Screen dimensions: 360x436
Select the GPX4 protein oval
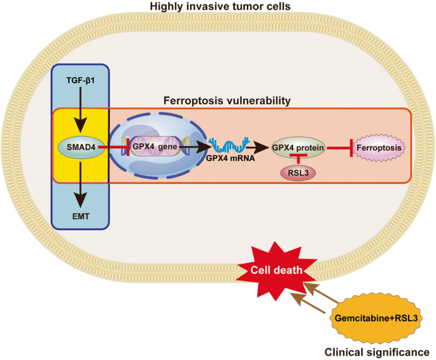[299, 148]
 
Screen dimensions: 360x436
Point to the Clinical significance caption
[377, 350]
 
